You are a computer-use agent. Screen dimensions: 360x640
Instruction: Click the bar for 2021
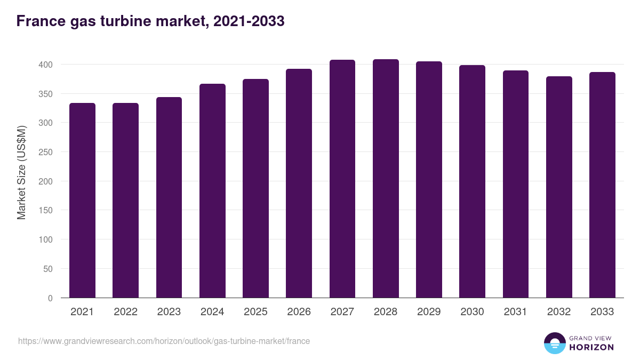click(x=82, y=201)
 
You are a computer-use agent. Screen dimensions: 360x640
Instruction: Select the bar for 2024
click(x=212, y=191)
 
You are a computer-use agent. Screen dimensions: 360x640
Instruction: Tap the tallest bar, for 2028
click(x=386, y=179)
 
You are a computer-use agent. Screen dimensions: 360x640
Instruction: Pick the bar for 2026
click(x=299, y=183)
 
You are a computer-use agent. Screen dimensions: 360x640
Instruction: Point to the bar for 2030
click(x=472, y=181)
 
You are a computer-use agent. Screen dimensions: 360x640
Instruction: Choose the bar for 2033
click(x=602, y=185)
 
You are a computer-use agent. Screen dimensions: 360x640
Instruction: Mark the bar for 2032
click(x=559, y=187)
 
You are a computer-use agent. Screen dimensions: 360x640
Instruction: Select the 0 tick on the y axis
click(x=50, y=298)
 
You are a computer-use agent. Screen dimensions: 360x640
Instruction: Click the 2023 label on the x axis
click(x=169, y=312)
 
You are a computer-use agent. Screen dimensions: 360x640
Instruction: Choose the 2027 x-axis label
click(x=342, y=312)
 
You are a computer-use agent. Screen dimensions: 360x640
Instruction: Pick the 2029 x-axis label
click(x=429, y=312)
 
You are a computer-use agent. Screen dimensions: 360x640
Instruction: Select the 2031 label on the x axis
click(x=516, y=312)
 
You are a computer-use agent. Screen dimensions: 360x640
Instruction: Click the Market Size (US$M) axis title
click(x=21, y=172)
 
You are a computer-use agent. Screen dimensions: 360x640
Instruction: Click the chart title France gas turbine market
click(x=150, y=21)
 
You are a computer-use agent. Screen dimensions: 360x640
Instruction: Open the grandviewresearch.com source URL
click(x=164, y=341)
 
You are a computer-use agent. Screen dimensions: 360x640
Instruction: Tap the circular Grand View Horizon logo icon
click(x=554, y=343)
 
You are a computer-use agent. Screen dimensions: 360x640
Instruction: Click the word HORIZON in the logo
click(x=591, y=347)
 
